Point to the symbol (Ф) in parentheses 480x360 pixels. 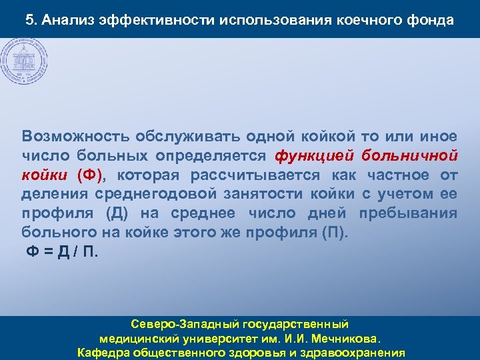91,175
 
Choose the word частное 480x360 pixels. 401,175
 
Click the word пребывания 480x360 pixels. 408,214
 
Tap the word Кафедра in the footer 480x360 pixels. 105,352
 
